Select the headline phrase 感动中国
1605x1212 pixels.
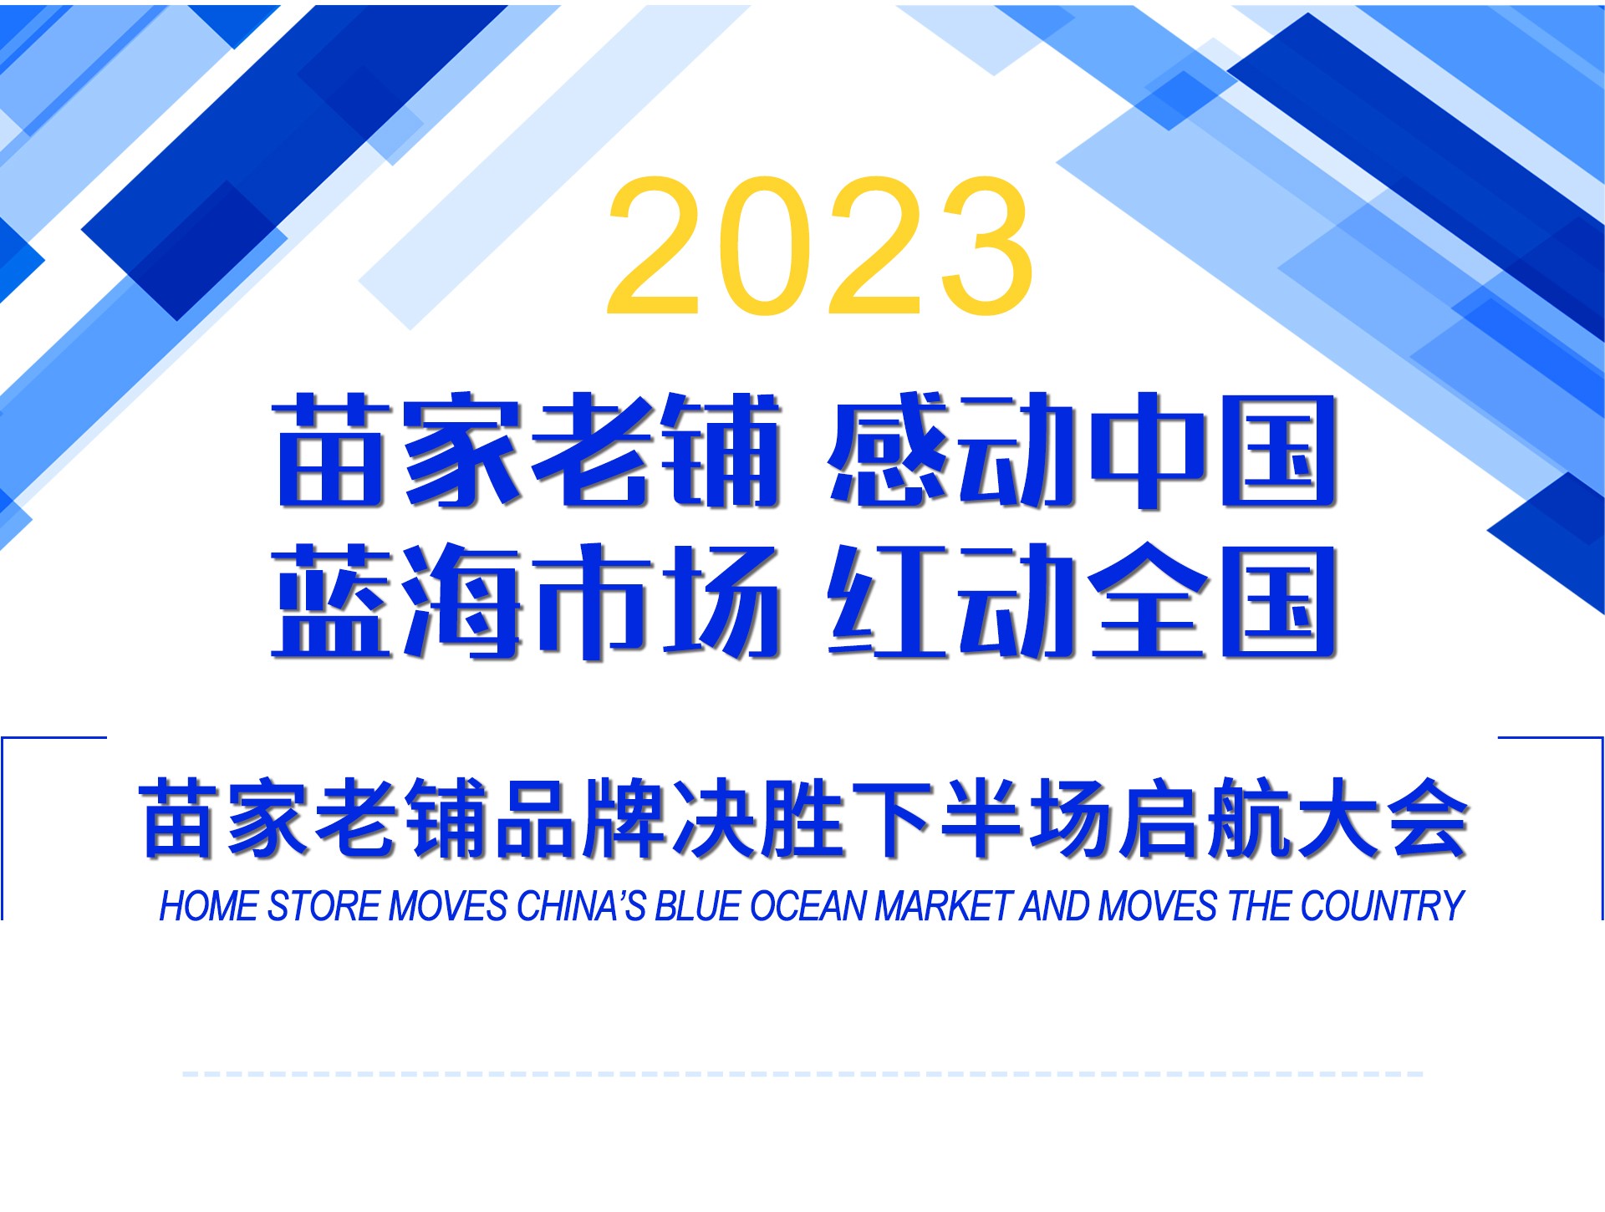coord(1082,451)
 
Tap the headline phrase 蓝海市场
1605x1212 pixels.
coord(527,601)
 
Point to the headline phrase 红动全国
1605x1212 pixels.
coord(1082,601)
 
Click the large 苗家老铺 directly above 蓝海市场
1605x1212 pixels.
coord(527,451)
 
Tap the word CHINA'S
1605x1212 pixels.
coord(582,906)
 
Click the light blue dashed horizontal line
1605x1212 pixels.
coord(802,1074)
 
